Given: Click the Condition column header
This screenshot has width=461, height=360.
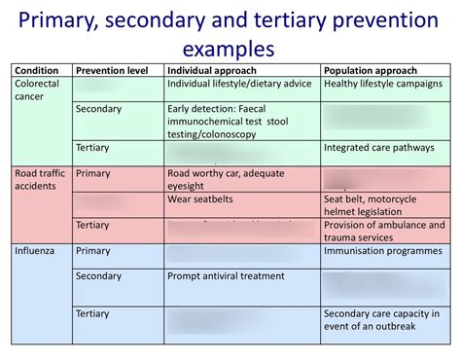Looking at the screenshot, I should pyautogui.click(x=36, y=70).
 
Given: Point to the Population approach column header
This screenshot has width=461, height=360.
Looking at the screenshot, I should pyautogui.click(x=370, y=70).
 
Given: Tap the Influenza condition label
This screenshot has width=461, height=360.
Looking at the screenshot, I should pyautogui.click(x=36, y=250).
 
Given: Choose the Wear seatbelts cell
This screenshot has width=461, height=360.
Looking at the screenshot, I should pyautogui.click(x=201, y=198).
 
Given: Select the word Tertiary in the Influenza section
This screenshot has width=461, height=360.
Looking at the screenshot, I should pyautogui.click(x=92, y=313).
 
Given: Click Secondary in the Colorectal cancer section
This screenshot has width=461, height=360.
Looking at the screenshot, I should pyautogui.click(x=98, y=109).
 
